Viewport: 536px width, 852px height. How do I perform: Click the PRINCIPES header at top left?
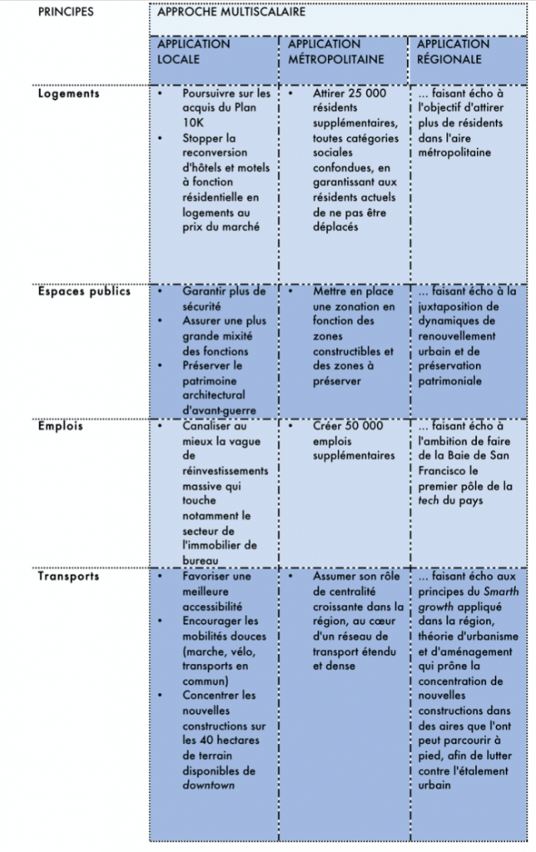click(66, 12)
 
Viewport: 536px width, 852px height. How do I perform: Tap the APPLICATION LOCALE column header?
click(194, 52)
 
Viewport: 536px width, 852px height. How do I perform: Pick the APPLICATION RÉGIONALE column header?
click(453, 52)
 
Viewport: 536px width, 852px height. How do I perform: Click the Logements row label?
click(68, 93)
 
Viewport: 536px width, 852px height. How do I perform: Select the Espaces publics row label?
click(84, 292)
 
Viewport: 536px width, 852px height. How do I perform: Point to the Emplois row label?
click(60, 426)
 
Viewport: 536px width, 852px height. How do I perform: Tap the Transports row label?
click(68, 576)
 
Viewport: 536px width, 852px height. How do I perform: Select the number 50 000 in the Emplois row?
click(360, 426)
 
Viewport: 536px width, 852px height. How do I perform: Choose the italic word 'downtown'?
click(207, 785)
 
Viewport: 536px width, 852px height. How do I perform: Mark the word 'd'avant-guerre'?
click(220, 410)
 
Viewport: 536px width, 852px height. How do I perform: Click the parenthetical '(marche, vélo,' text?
click(219, 651)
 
